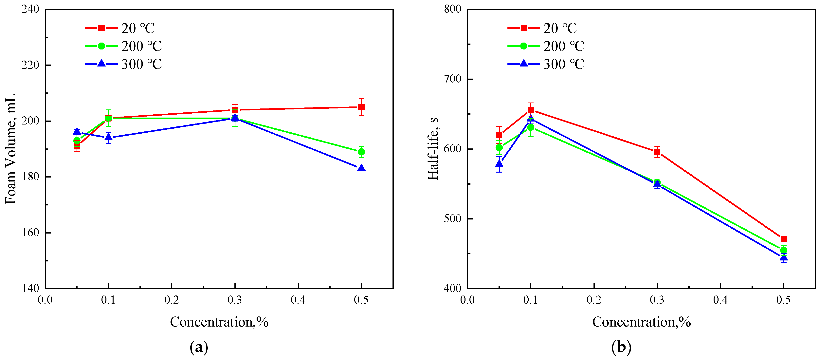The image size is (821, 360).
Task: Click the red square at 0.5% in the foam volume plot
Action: tap(361, 107)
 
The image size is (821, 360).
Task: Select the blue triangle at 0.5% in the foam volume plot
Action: tap(361, 168)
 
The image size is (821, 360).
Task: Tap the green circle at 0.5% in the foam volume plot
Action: tap(361, 152)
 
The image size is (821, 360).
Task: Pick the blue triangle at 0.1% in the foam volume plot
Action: tap(109, 137)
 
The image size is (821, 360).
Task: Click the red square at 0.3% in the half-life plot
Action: tap(657, 152)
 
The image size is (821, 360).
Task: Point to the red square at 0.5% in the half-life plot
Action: tap(783, 239)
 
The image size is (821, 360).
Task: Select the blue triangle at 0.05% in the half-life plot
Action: tap(499, 164)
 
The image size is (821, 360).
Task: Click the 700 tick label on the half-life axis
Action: tap(453, 79)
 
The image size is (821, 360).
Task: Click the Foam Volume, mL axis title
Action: tap(10, 149)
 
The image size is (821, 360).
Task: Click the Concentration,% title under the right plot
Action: tap(641, 322)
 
